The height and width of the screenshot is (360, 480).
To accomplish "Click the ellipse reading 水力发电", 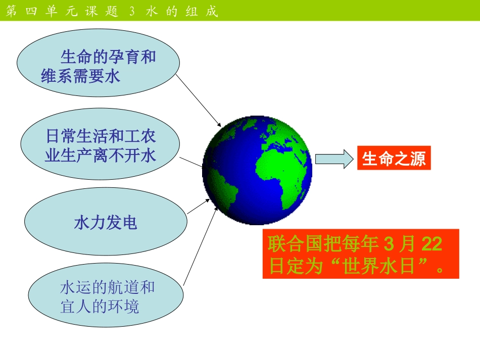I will coord(106,223).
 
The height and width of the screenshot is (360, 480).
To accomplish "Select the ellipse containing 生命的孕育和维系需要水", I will coord(98,66).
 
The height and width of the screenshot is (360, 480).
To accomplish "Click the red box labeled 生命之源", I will coord(394,159).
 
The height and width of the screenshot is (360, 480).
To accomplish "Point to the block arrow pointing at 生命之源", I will coord(333,159).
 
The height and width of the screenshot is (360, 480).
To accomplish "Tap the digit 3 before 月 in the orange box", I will coord(388,245).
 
